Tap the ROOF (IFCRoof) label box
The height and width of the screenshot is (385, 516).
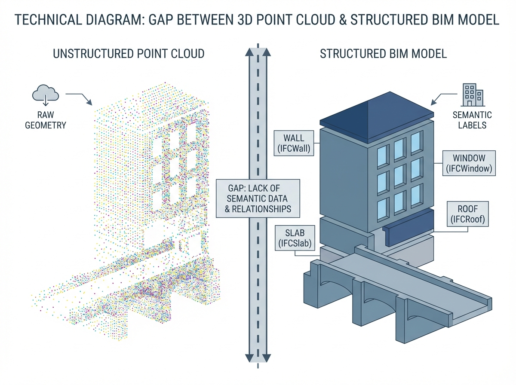point(468,214)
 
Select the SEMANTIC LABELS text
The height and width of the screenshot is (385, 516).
point(472,121)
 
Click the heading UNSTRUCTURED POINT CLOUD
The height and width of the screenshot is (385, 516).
point(128,54)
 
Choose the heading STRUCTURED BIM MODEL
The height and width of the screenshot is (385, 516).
point(384,54)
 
